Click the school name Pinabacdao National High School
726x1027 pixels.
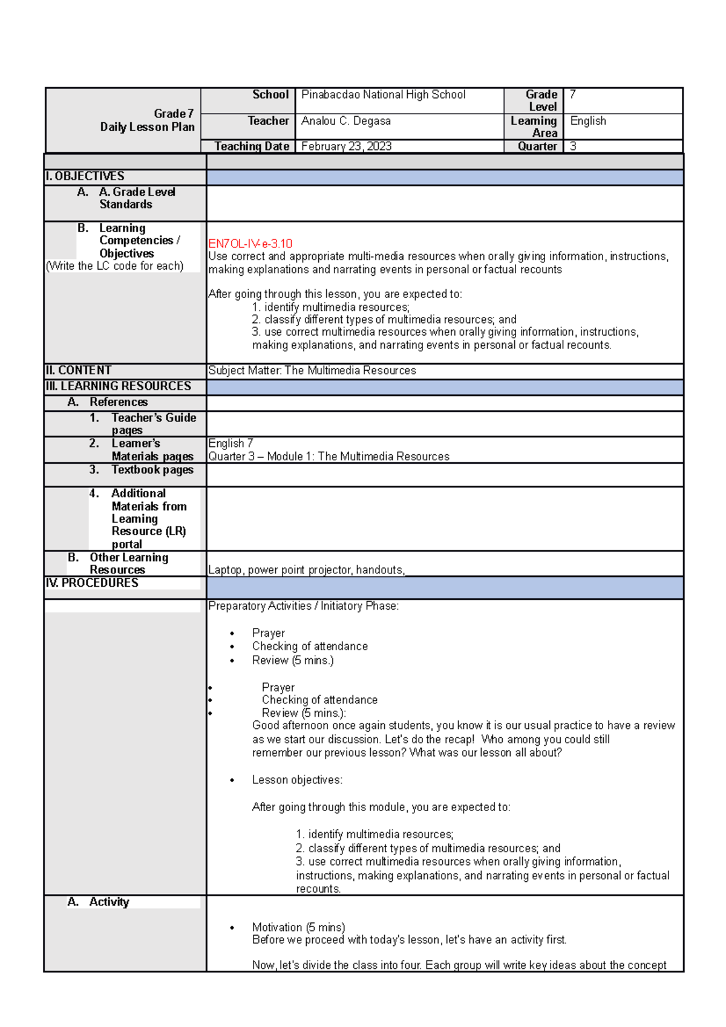coord(383,95)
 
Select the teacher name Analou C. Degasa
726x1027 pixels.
coord(345,121)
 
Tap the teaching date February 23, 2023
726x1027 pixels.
coord(346,146)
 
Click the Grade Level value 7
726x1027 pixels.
coord(573,94)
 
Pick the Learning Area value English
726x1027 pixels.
coord(587,121)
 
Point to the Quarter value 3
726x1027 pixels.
coord(573,146)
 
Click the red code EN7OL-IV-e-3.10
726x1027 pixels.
coord(250,244)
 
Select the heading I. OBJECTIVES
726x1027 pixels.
coord(85,177)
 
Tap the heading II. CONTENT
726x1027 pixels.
coord(79,370)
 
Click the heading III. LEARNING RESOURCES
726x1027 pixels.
coord(119,386)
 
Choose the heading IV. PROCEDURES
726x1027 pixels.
coord(92,583)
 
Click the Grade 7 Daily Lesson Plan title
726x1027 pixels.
coord(147,120)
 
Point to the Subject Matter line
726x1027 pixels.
coord(312,370)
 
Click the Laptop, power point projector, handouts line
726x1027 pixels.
coord(306,570)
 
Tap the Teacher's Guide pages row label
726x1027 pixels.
coord(153,423)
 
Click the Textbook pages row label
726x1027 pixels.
coord(152,470)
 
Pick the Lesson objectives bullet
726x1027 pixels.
coord(296,780)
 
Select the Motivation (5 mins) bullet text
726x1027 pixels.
coord(298,927)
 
